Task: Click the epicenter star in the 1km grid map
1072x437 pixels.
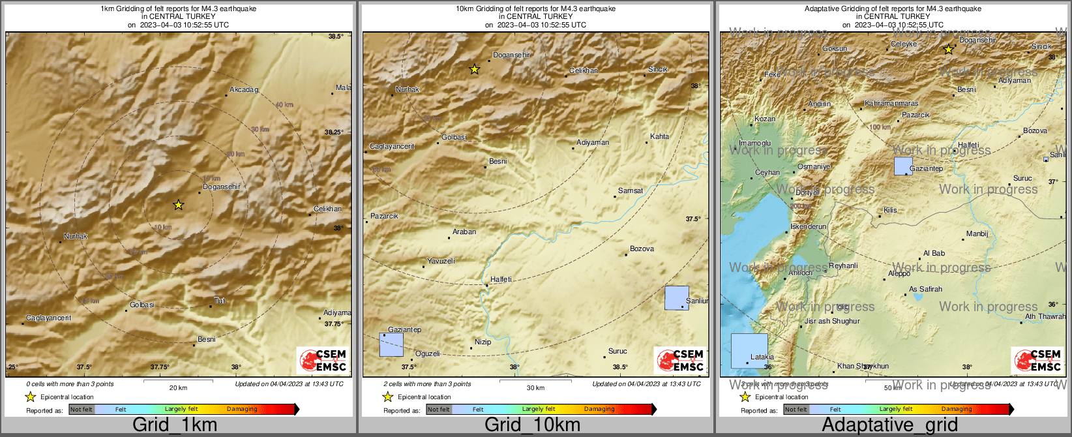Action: pyautogui.click(x=178, y=205)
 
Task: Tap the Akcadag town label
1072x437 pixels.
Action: pyautogui.click(x=244, y=89)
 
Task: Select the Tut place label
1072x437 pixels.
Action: pyautogui.click(x=220, y=301)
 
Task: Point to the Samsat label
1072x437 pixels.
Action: pyautogui.click(x=631, y=190)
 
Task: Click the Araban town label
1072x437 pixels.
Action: pyautogui.click(x=464, y=232)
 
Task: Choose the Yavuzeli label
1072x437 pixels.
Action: pyautogui.click(x=441, y=261)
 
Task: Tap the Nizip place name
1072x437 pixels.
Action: pyautogui.click(x=483, y=342)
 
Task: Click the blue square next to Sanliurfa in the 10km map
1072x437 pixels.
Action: pyautogui.click(x=676, y=297)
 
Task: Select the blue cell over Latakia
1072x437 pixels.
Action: pyautogui.click(x=749, y=351)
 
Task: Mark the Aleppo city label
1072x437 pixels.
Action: pyautogui.click(x=899, y=273)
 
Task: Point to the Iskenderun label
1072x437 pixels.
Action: pyautogui.click(x=808, y=226)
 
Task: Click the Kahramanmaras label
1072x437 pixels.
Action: pyautogui.click(x=891, y=104)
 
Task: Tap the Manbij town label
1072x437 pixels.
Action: pyautogui.click(x=977, y=234)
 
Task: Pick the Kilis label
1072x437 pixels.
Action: pyautogui.click(x=890, y=210)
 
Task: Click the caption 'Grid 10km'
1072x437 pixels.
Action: pyautogui.click(x=532, y=425)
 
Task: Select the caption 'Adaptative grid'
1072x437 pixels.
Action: pyautogui.click(x=889, y=425)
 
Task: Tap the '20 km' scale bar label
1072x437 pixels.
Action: pyautogui.click(x=178, y=388)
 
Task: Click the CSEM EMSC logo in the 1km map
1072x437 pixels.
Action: pyautogui.click(x=322, y=361)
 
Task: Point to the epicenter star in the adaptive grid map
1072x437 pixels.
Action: pyautogui.click(x=949, y=50)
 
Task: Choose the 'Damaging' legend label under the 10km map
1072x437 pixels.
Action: pyautogui.click(x=599, y=409)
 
